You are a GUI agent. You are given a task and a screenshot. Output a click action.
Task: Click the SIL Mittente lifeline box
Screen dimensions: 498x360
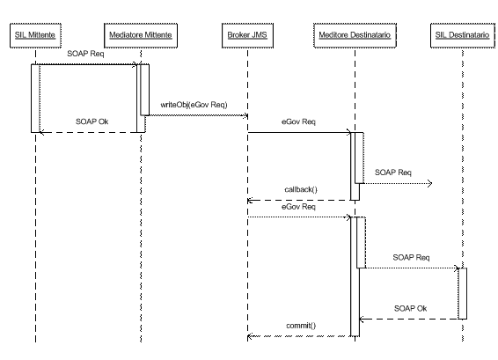pos(35,35)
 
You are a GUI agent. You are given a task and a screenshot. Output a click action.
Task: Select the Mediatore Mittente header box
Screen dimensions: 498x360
pos(141,35)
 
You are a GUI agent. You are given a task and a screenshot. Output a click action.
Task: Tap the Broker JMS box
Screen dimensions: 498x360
pos(247,35)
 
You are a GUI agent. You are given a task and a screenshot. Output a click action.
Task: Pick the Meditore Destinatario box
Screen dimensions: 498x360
pos(355,35)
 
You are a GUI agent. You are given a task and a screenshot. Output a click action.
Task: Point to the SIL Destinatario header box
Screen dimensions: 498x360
pos(463,35)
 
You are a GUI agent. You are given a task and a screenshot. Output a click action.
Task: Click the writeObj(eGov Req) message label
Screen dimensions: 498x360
pos(194,105)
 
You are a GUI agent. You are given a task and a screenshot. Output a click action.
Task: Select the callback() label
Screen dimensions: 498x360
pos(301,190)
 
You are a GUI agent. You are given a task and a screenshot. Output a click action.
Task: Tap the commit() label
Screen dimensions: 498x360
pos(301,326)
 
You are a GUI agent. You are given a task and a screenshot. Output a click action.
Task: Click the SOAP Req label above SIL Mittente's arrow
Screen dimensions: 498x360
pos(85,54)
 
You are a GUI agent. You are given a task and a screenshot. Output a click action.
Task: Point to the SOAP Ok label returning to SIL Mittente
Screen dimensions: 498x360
pos(92,121)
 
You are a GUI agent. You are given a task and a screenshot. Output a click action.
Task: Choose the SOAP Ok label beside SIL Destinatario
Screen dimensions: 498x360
pos(410,309)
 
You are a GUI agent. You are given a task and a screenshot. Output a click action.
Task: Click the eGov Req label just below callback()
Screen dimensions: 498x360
pos(298,207)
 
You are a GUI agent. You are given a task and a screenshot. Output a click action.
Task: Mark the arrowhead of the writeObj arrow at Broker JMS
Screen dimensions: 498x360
pos(245,115)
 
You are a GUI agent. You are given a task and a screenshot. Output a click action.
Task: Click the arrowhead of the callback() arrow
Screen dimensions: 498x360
pos(250,200)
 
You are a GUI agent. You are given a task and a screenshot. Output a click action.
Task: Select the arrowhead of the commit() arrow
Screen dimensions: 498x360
pos(250,336)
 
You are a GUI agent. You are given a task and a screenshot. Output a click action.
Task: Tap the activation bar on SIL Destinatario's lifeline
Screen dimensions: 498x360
pos(463,293)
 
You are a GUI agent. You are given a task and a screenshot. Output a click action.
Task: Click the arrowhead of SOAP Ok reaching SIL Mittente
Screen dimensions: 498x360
pos(42,132)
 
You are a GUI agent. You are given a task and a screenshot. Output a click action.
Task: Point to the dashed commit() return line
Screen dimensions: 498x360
pos(299,336)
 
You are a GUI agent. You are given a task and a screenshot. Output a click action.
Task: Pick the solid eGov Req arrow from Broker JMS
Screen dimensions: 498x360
pos(299,132)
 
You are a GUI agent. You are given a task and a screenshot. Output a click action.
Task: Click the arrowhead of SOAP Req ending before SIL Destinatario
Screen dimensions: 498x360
pos(429,183)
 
